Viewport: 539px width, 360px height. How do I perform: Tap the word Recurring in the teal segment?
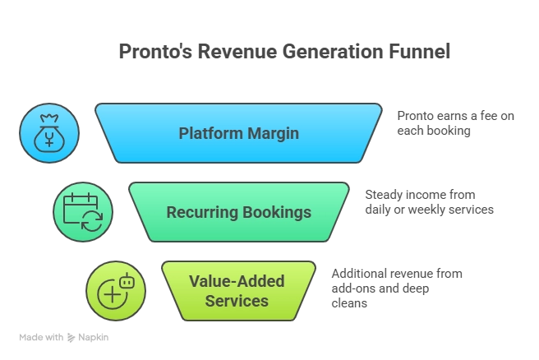201,212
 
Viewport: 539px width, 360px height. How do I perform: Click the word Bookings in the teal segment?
276,212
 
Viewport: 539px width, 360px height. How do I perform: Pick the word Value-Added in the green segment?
237,281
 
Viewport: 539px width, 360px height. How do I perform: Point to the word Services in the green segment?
237,301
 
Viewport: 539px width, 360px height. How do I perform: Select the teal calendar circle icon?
83,212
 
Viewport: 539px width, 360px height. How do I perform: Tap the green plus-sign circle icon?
116,291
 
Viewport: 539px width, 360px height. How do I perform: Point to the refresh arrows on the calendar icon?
92,221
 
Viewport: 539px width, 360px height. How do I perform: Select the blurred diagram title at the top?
285,51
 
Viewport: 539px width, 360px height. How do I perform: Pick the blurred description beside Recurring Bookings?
429,202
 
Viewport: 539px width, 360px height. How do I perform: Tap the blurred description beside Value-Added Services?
397,286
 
